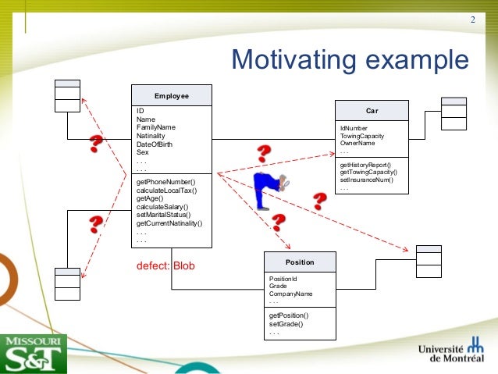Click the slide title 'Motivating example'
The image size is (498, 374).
tap(350, 60)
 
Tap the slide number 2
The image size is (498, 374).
tap(472, 19)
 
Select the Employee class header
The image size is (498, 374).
tap(171, 95)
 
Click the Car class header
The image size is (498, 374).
tap(372, 111)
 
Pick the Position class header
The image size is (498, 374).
tap(300, 262)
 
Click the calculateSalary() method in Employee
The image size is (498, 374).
tap(163, 206)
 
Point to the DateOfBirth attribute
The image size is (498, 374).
tap(155, 144)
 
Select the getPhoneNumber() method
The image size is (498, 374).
tap(166, 181)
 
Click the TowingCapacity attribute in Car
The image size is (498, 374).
tap(361, 136)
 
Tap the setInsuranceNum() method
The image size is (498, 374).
tap(366, 180)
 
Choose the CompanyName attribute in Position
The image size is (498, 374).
tap(290, 294)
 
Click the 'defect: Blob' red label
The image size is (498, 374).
tap(165, 265)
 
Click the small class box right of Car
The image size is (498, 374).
tap(454, 113)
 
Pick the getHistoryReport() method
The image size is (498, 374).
tap(365, 165)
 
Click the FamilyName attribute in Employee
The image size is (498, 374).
tap(156, 127)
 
